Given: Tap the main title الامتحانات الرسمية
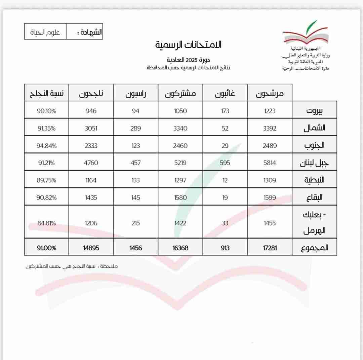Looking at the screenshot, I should coord(189,44).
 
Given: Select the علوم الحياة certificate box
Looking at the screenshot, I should coord(45,33).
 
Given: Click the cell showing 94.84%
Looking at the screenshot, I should coord(46,146).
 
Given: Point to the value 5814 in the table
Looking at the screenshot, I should coord(270,163).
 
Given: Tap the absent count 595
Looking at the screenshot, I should coord(225,163).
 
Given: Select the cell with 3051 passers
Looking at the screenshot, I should coord(91,128).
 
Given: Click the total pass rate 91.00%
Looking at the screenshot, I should coord(46,248).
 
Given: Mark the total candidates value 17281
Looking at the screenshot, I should coord(270,248).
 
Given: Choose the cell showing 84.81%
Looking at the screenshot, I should coord(46,223).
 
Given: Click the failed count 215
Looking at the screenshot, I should coord(136,223).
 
